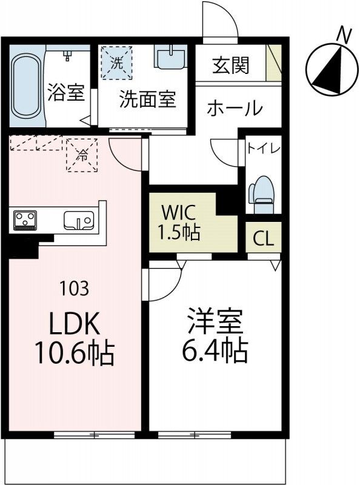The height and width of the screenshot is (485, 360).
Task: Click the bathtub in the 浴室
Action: tap(26, 85)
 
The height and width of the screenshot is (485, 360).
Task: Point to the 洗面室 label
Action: tap(147, 99)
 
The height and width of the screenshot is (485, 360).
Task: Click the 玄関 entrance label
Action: tap(230, 65)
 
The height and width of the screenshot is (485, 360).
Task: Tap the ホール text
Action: tap(235, 109)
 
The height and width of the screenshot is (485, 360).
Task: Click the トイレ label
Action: tap(262, 148)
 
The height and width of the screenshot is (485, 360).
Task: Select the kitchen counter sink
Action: tap(77, 219)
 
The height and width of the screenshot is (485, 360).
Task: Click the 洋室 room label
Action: tap(215, 321)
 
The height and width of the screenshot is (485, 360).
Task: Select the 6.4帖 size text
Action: tap(215, 350)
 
